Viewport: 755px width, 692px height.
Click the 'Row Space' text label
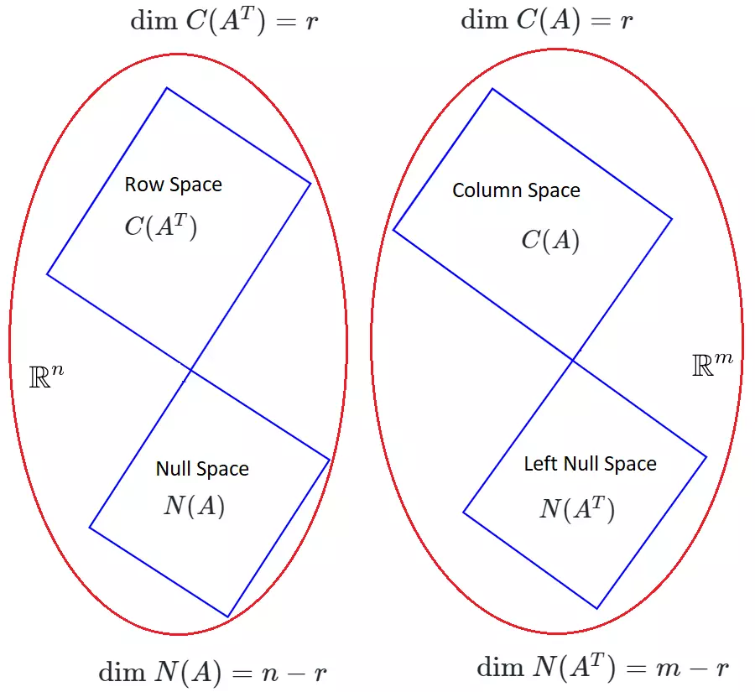click(x=174, y=185)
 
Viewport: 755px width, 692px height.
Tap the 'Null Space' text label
click(x=202, y=469)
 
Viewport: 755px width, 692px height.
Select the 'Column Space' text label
click(x=516, y=190)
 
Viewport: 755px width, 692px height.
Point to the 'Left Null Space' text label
click(x=590, y=464)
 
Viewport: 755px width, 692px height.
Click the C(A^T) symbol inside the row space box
click(x=161, y=226)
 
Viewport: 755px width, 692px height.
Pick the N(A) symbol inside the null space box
click(x=194, y=506)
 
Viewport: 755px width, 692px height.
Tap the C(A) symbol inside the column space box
click(x=550, y=241)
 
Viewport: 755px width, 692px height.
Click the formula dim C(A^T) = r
click(x=224, y=20)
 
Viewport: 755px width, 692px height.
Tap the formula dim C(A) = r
click(x=547, y=20)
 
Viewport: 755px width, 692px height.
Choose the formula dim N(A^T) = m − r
click(x=603, y=668)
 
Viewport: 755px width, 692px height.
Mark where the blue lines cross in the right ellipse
click(x=573, y=361)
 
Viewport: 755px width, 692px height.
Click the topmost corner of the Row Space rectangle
click(x=167, y=87)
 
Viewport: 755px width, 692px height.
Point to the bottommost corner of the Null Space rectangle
click(x=227, y=617)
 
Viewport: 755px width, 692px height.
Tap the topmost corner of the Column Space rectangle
click(x=492, y=89)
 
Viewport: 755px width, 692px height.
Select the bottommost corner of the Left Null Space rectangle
click(x=596, y=608)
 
